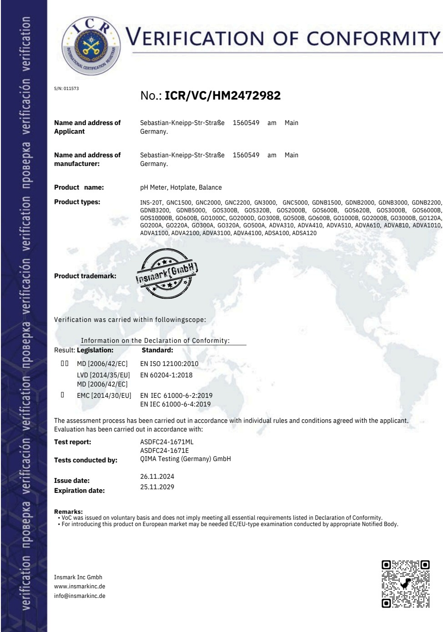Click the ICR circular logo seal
tap(91, 45)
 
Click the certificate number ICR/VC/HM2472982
tap(222, 95)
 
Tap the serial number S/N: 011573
tap(66, 89)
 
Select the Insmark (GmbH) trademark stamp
tap(167, 272)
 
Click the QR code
tap(406, 584)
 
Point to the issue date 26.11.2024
tap(157, 477)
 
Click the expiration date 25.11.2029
tap(157, 487)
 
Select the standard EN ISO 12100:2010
tap(169, 364)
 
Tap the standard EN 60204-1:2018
tap(166, 375)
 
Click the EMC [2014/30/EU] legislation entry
tap(104, 396)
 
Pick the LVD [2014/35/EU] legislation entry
tap(103, 375)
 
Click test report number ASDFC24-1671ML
tap(167, 442)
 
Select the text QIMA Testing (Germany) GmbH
tap(185, 459)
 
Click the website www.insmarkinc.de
tap(80, 587)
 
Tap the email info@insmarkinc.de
tap(80, 596)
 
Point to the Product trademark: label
tap(85, 276)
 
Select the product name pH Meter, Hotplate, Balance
tap(181, 187)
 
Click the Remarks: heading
tap(68, 512)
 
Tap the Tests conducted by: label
tap(86, 460)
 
